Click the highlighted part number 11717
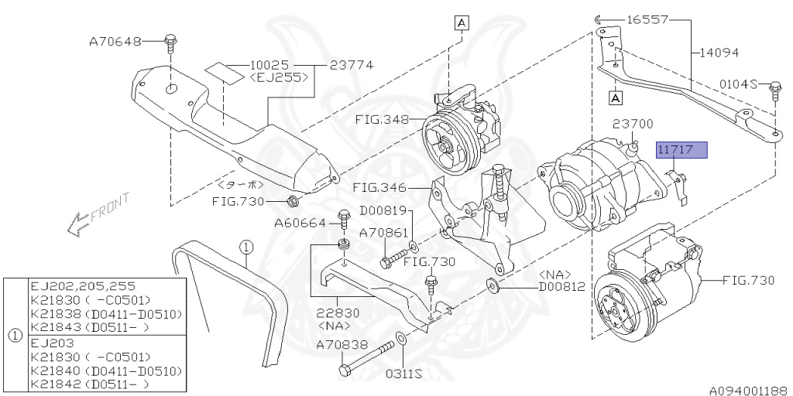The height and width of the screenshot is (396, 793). [x=681, y=150]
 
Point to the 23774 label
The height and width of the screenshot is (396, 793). [x=352, y=65]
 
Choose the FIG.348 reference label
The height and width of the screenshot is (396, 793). [x=382, y=120]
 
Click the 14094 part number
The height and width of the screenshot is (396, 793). [x=719, y=53]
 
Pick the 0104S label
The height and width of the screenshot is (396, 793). [x=738, y=84]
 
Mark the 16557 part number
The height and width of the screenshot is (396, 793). [x=647, y=19]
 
